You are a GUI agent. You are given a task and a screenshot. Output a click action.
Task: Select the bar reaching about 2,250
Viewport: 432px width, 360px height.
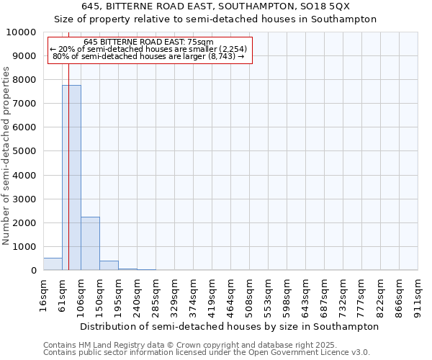coord(90,243)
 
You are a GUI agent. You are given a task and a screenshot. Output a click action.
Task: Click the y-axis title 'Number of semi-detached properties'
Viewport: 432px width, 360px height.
coord(7,156)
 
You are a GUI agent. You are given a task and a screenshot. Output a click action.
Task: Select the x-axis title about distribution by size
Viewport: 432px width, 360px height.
coord(229,326)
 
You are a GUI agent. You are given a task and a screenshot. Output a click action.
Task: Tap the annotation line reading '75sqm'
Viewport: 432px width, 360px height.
coord(148,42)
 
